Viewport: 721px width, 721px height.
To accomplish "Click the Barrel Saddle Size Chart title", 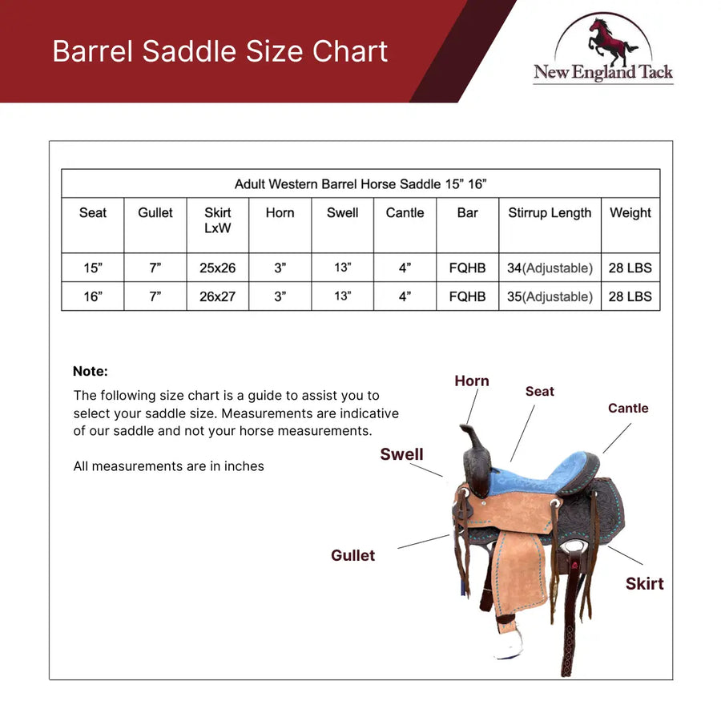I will point(220,51).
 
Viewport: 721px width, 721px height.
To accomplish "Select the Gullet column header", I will point(155,213).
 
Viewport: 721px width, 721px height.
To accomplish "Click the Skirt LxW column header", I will point(218,220).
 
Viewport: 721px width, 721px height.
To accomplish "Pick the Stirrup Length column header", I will point(550,213).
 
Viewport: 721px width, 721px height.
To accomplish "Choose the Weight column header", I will point(630,213).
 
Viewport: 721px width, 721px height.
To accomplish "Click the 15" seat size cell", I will point(93,268).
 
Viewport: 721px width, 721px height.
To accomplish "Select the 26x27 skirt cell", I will point(218,296).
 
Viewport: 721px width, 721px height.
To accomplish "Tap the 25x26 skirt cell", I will point(218,268).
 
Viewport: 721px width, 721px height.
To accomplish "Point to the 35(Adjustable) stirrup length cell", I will point(550,296).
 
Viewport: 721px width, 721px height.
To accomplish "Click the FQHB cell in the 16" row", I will point(468,296).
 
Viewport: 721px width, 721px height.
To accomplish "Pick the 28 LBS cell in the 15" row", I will point(630,268).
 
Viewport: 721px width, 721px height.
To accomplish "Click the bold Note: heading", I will point(90,372).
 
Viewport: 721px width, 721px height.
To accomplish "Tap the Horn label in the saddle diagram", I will point(472,381).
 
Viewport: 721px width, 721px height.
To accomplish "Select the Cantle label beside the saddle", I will point(628,409).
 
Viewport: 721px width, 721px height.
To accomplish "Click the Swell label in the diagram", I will point(401,455).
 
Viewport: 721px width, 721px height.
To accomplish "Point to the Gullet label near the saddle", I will point(352,556).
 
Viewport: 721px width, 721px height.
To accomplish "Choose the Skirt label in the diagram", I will point(645,584).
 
